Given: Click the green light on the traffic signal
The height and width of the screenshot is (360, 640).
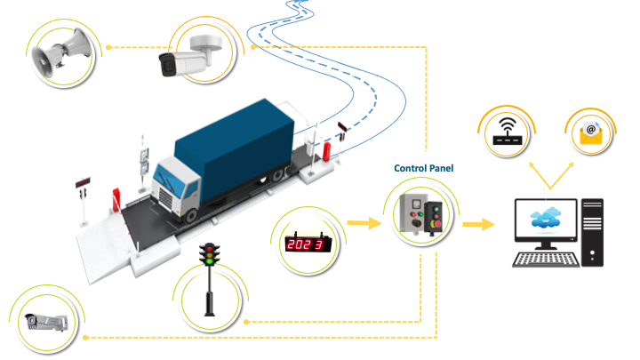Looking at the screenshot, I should (x=210, y=259).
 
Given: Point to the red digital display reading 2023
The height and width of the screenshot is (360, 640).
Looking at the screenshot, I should (x=306, y=242).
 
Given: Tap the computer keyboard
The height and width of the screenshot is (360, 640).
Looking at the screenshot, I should (x=547, y=259).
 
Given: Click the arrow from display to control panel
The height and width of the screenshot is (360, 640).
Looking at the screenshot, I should (x=361, y=223).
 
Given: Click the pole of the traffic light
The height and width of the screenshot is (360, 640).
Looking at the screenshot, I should (x=210, y=288).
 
